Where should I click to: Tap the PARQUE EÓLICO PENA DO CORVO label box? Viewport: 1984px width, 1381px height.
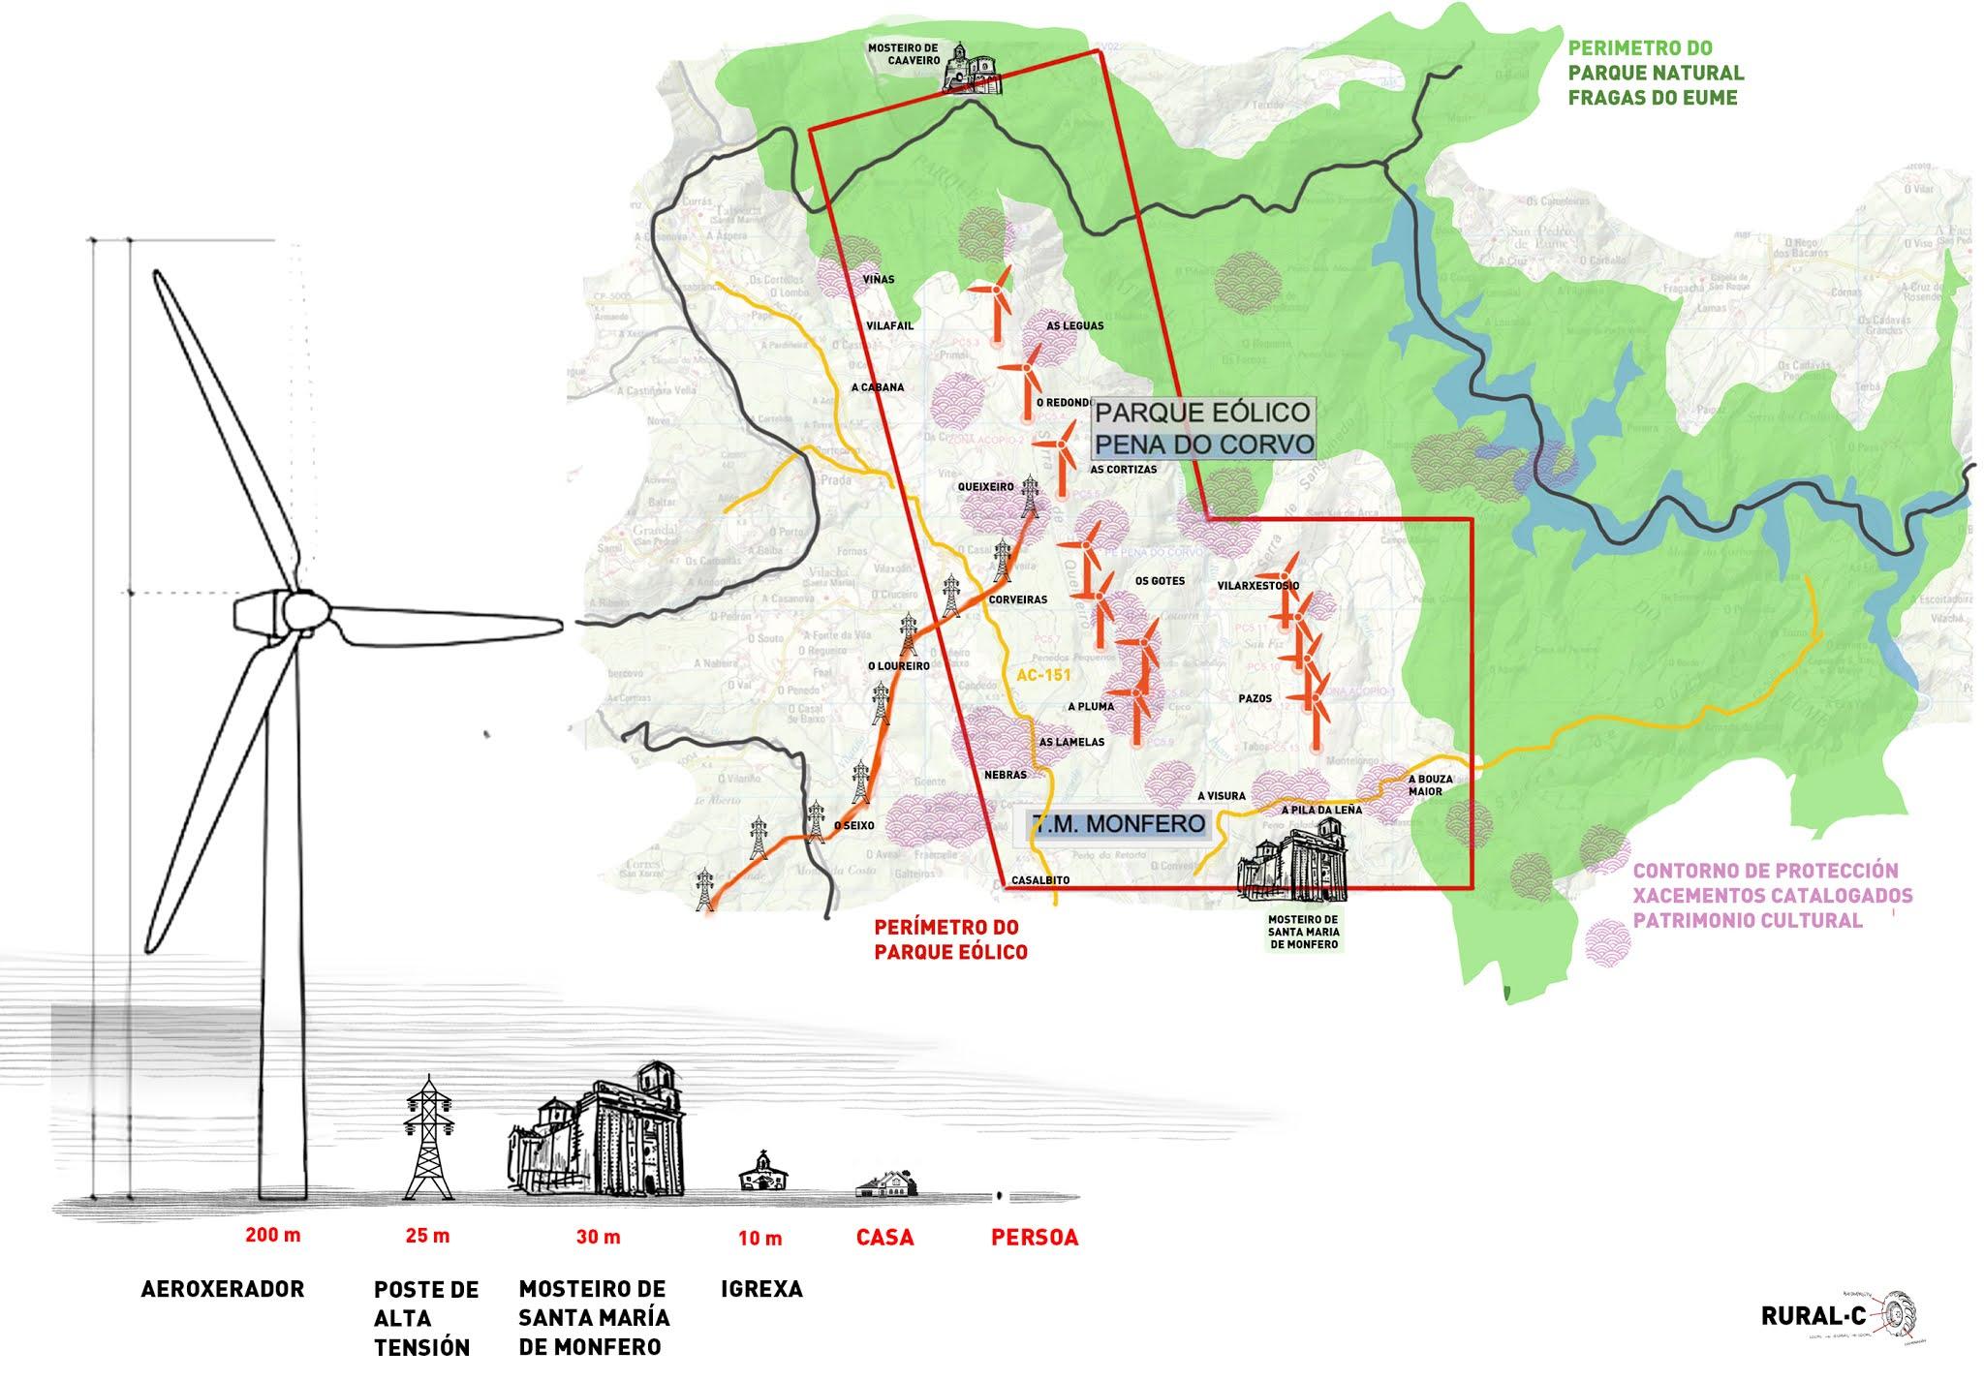(1204, 428)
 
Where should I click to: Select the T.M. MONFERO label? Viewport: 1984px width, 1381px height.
(1119, 824)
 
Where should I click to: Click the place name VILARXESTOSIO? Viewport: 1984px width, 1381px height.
(1258, 586)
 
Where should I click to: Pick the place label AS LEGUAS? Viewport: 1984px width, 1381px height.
(1074, 326)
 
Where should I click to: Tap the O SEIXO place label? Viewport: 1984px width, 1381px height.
(854, 826)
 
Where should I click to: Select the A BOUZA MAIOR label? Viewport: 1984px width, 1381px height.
(1425, 784)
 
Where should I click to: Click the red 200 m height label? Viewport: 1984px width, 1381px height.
(273, 1236)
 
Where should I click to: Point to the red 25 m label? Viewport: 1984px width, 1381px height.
(427, 1236)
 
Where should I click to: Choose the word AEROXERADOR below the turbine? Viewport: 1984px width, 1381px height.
(223, 1289)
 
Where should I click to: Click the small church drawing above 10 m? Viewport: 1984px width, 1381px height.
(762, 1172)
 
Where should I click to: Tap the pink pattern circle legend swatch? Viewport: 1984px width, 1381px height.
(1606, 940)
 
